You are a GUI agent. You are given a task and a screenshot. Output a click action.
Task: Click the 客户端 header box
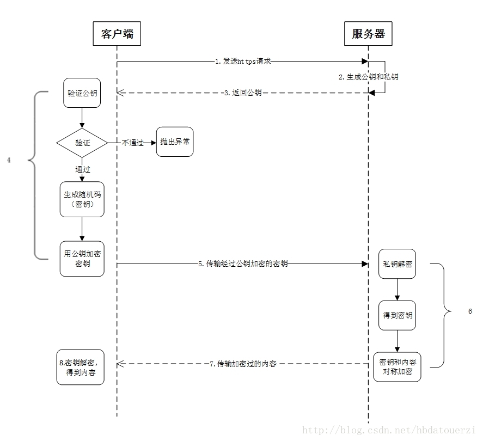(x=117, y=34)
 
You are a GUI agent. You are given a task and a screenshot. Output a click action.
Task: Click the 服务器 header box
(x=368, y=34)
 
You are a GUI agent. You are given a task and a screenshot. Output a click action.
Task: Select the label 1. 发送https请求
(x=243, y=62)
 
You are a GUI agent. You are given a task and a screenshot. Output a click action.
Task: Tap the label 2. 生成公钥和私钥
(x=369, y=77)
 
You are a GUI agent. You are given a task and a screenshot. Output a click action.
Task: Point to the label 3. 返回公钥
(x=243, y=93)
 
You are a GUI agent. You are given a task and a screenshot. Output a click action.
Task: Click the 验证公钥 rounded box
(x=82, y=93)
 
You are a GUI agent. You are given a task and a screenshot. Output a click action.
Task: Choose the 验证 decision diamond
(x=82, y=143)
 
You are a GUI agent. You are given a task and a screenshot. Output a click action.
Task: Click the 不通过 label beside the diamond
(x=133, y=143)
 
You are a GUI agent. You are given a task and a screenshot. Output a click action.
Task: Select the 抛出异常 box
(x=175, y=142)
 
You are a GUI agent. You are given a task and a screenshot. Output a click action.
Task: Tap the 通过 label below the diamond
(x=83, y=169)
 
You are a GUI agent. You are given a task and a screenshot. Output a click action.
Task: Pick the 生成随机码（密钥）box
(x=82, y=199)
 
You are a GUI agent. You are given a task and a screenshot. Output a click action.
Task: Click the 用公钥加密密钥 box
(x=82, y=259)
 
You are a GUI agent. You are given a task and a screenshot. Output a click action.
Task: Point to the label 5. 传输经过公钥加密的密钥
(x=243, y=264)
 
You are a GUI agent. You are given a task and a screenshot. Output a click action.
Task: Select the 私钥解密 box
(x=397, y=264)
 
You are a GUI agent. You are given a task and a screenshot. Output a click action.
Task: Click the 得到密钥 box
(x=397, y=315)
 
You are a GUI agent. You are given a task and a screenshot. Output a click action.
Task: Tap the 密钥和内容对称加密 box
(x=397, y=367)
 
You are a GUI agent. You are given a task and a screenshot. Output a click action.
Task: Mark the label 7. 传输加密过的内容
(x=243, y=364)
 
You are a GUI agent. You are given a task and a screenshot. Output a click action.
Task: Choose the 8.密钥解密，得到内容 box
(x=81, y=367)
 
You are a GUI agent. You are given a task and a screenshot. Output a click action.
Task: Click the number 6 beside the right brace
(x=470, y=311)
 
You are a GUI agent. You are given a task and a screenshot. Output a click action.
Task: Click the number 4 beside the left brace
(x=9, y=160)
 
